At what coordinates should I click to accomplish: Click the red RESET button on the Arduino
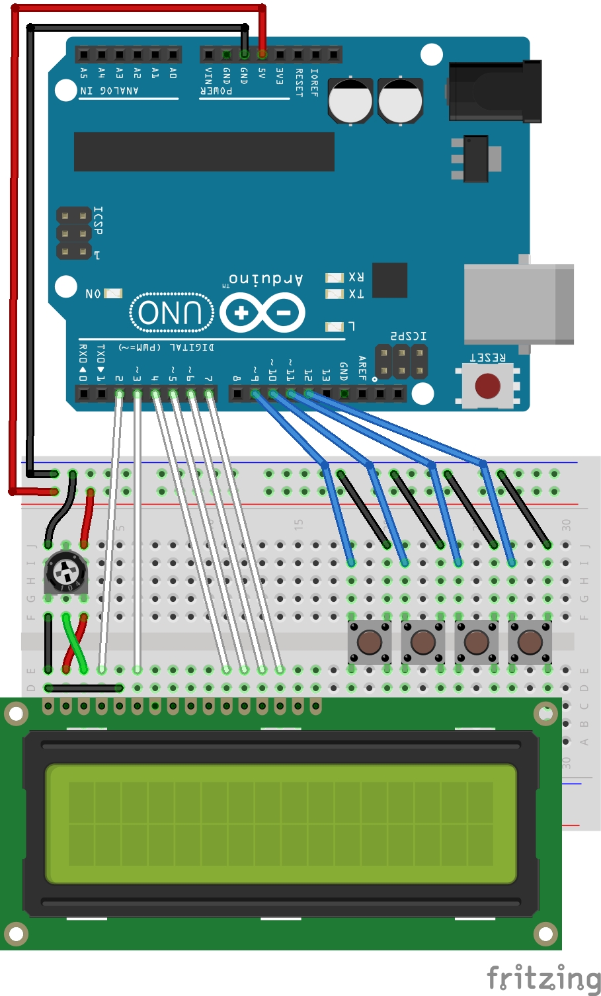(x=487, y=385)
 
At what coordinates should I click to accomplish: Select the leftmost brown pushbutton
(x=369, y=641)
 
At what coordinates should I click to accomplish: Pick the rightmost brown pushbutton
(x=530, y=641)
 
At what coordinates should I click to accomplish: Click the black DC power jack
(x=495, y=91)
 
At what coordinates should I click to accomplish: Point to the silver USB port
(x=518, y=304)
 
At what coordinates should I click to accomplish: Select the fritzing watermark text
(x=543, y=977)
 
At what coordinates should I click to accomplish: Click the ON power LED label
(x=93, y=293)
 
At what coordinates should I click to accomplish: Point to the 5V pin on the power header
(x=262, y=54)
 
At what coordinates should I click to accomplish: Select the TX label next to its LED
(x=356, y=294)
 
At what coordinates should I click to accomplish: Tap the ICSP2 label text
(x=408, y=336)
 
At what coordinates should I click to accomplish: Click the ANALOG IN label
(x=109, y=91)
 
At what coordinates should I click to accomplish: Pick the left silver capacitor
(x=350, y=101)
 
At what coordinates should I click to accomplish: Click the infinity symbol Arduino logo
(x=262, y=313)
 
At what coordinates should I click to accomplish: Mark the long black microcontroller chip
(x=204, y=151)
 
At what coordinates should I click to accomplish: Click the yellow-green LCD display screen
(x=280, y=823)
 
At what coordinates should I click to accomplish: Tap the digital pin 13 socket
(x=327, y=394)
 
